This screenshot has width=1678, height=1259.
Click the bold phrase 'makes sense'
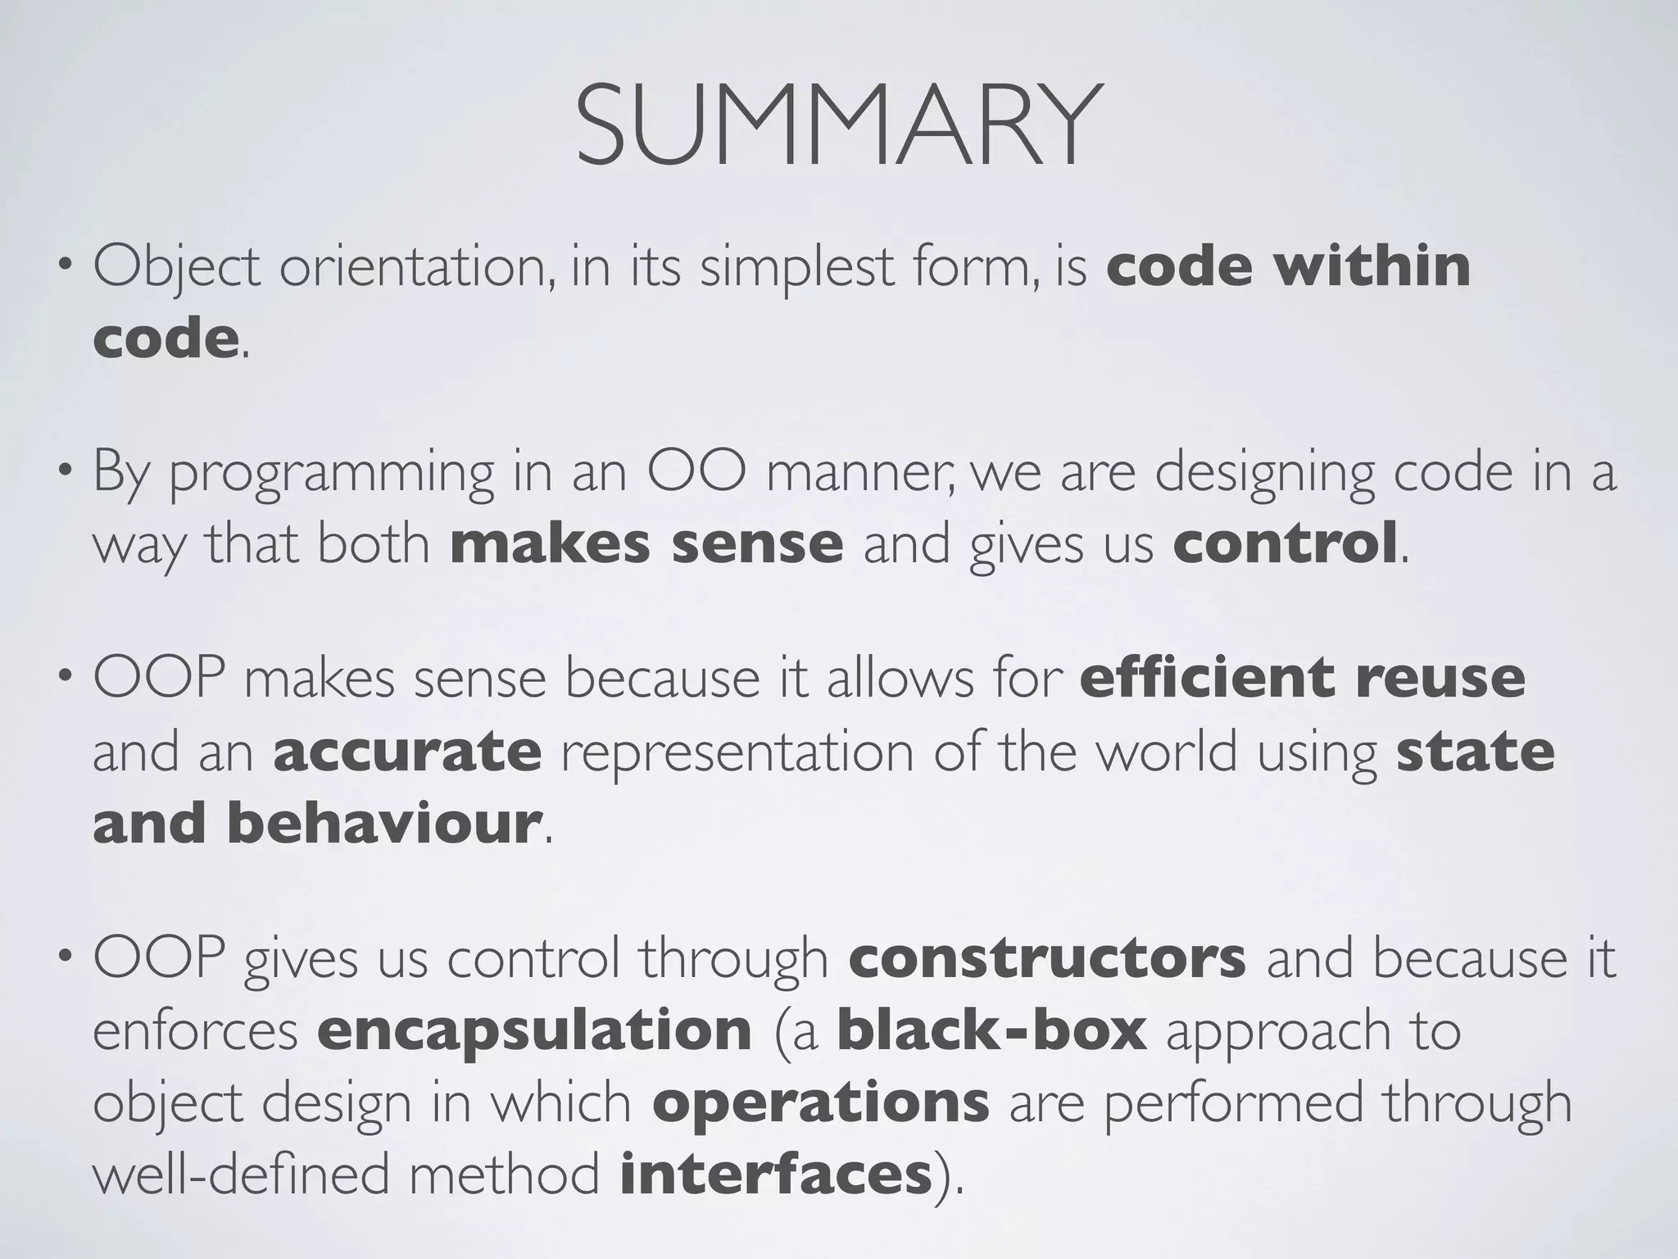pos(646,544)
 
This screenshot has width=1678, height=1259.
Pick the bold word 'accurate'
pos(407,752)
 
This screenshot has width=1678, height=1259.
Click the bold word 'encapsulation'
pos(534,1031)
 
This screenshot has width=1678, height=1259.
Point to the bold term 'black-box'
pos(991,1029)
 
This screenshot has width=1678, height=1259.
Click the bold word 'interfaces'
pos(777,1175)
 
